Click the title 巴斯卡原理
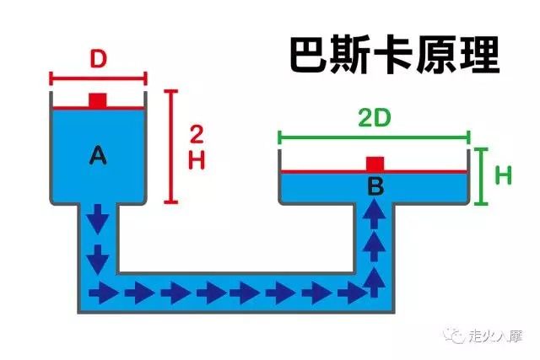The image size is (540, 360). [x=394, y=55]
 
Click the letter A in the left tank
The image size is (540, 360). [x=98, y=154]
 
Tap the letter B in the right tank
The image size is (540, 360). [x=375, y=187]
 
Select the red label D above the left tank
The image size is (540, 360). [x=98, y=60]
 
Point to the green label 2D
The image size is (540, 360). [x=375, y=117]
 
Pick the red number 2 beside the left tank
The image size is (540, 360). [x=196, y=134]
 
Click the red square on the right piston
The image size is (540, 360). [x=375, y=164]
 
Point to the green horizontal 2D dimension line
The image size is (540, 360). [x=375, y=136]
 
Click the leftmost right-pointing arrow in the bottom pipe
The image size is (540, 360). [x=105, y=293]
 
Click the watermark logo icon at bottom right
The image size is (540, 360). [x=456, y=336]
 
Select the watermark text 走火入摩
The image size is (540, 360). [x=495, y=336]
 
